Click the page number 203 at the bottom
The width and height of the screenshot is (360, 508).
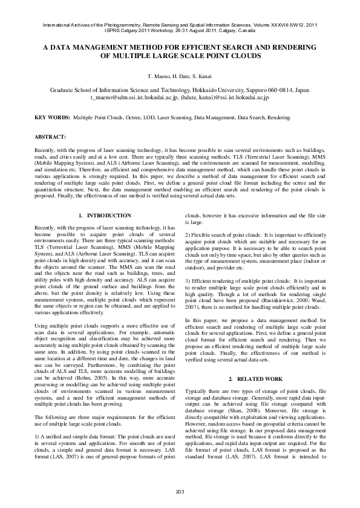point(180,490)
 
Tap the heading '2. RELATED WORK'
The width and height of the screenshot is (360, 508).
point(255,378)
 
